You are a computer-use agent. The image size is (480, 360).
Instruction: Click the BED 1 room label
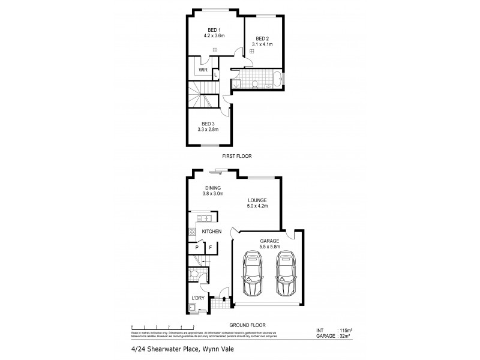[x=214, y=30]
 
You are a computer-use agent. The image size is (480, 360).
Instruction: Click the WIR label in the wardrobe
[x=203, y=70]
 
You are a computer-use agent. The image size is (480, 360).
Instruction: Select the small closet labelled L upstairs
[x=215, y=74]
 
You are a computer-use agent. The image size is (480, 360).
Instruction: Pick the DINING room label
[x=212, y=188]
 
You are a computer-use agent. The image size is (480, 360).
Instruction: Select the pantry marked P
[x=196, y=247]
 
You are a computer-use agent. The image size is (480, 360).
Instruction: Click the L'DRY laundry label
[x=198, y=298]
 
